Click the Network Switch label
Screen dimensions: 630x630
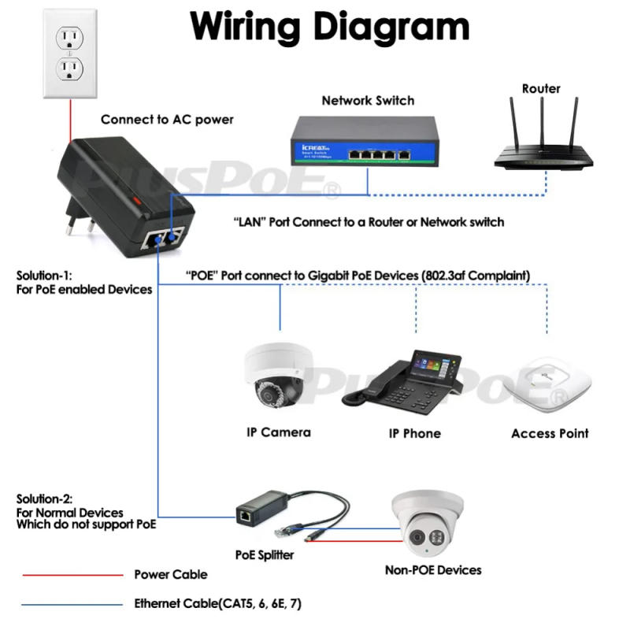click(x=368, y=100)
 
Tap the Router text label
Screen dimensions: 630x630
click(x=541, y=88)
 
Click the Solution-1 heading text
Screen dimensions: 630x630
click(x=44, y=276)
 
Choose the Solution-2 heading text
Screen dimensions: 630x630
click(x=45, y=499)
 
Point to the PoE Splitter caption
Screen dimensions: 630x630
click(x=264, y=555)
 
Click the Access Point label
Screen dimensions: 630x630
click(x=549, y=434)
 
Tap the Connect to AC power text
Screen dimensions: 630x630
click(x=167, y=120)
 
